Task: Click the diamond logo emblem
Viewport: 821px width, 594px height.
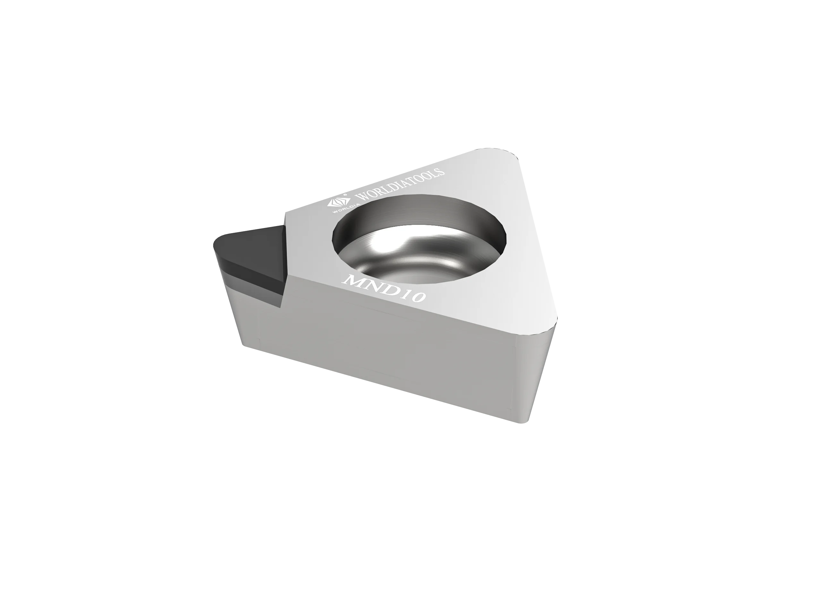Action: [x=335, y=202]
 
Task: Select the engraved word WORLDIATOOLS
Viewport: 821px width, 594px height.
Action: [x=400, y=185]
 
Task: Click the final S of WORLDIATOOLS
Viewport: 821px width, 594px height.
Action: [x=442, y=170]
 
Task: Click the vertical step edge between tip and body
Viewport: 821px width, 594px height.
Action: [x=284, y=261]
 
